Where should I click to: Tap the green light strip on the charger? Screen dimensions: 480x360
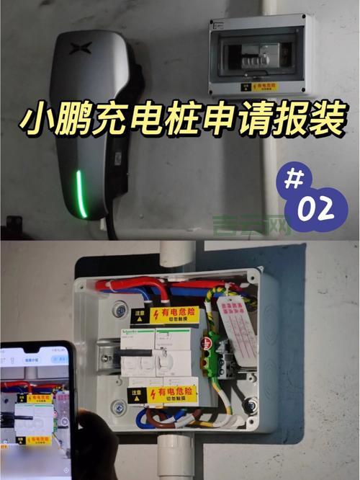point(81,193)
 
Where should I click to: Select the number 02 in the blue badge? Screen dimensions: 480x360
point(314,209)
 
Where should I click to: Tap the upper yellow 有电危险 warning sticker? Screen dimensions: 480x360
point(173,314)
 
